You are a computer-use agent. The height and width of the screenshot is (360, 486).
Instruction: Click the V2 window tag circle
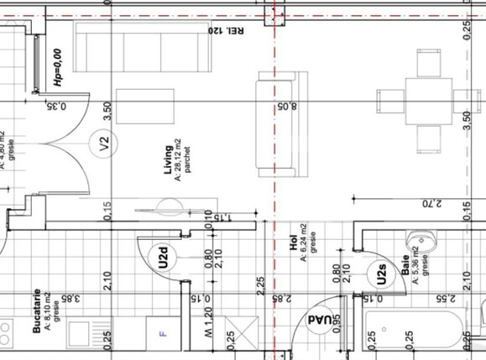(105, 143)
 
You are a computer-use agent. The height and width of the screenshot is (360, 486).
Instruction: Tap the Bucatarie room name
(38, 314)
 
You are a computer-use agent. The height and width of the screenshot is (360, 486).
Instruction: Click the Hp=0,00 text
(57, 67)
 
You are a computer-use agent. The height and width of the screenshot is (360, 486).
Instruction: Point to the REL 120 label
(227, 31)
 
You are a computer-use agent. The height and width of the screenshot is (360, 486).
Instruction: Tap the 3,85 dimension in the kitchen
(75, 297)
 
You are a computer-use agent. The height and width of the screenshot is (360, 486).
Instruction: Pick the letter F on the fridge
(163, 334)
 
